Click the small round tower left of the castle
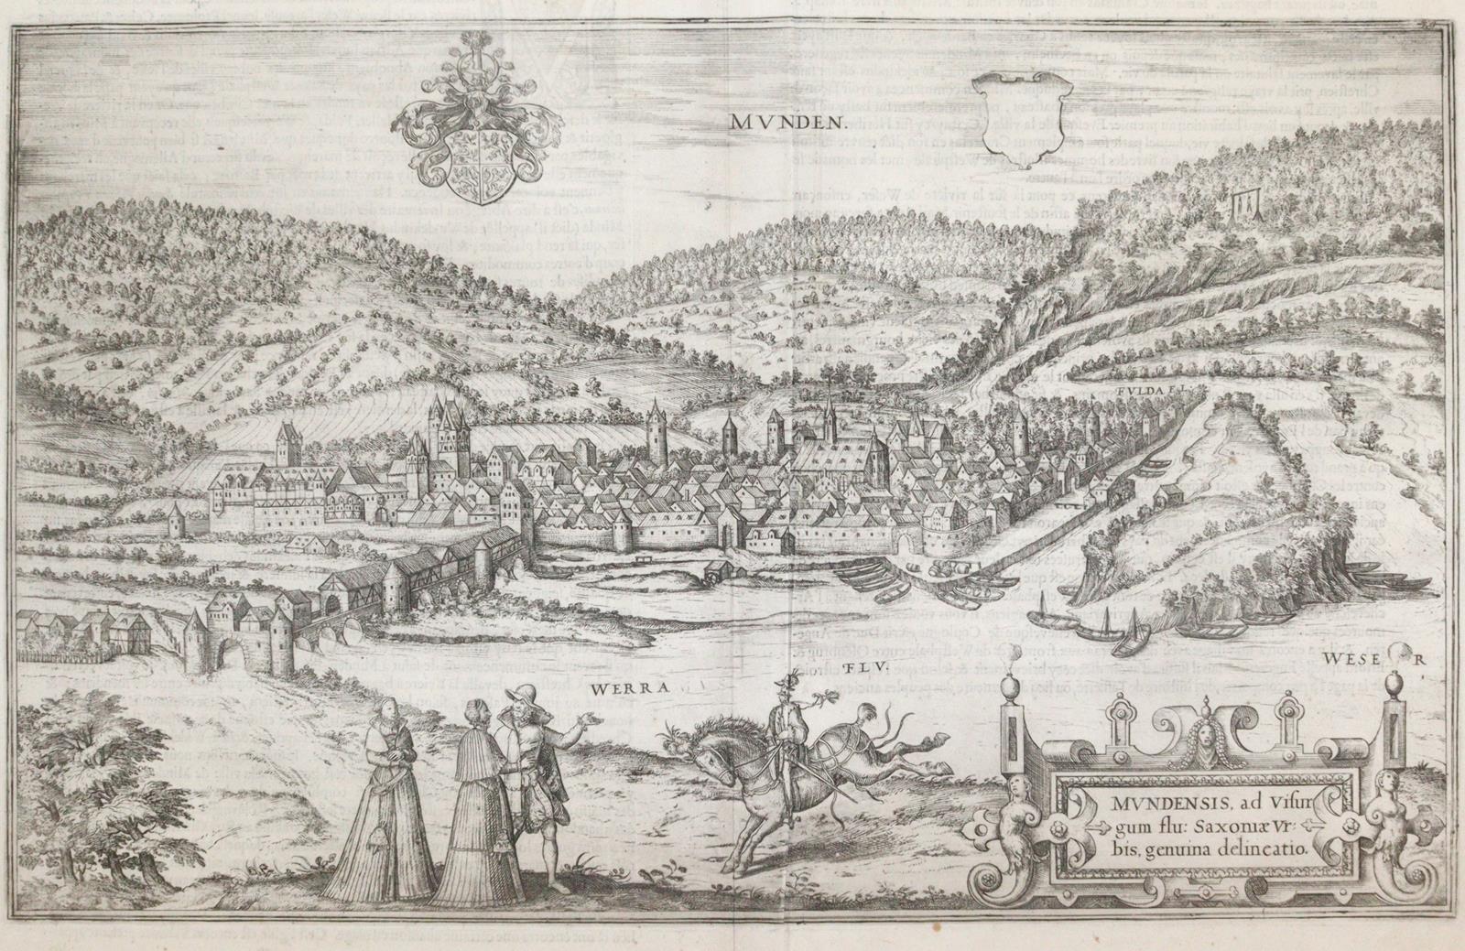coord(177,518)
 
